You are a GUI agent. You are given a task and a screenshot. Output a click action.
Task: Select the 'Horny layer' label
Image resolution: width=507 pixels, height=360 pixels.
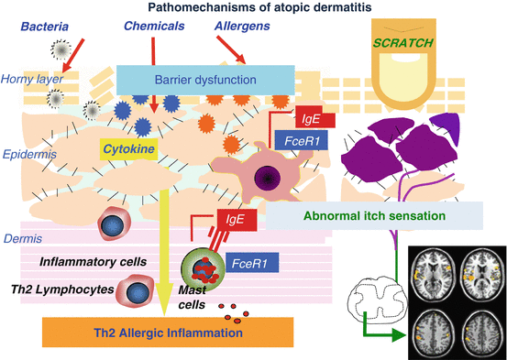tap(30, 79)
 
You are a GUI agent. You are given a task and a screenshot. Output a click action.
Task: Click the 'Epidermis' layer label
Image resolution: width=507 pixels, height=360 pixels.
tap(28, 155)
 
